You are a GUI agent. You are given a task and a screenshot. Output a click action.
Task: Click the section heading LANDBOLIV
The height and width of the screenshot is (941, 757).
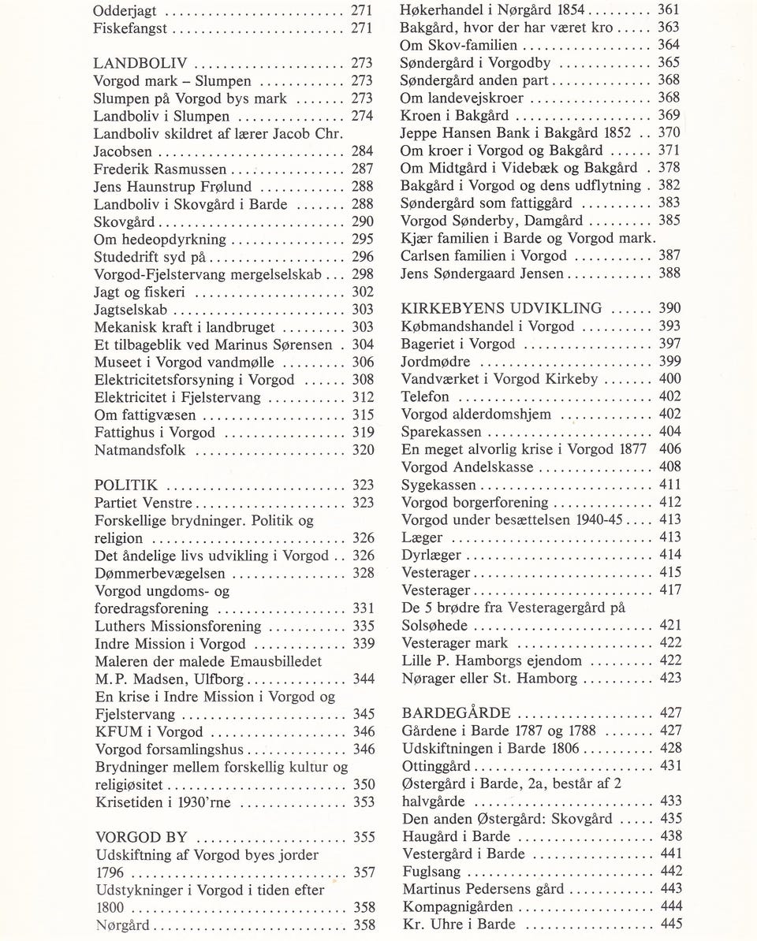click(140, 64)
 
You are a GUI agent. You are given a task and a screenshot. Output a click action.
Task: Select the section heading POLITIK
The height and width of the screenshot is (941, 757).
click(126, 485)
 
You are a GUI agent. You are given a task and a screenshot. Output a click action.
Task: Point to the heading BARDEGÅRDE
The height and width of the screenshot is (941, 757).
click(456, 713)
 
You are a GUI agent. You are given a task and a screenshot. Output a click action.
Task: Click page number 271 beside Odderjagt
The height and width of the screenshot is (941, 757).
click(362, 11)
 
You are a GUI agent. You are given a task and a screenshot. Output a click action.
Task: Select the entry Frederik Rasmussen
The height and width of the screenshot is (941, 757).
click(160, 169)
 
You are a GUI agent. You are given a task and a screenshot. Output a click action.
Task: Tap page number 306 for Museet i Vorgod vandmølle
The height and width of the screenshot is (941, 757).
click(363, 363)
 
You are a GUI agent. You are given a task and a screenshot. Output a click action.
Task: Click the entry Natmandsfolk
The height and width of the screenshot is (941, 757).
click(140, 451)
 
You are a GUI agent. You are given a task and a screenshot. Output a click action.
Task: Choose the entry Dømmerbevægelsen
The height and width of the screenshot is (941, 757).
click(159, 574)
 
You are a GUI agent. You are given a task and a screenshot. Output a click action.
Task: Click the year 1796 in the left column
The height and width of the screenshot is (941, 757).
click(110, 872)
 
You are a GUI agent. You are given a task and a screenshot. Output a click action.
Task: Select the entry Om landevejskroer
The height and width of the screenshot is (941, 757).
click(461, 99)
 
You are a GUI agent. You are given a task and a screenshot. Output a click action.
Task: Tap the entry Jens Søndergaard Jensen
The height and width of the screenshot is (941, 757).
click(483, 273)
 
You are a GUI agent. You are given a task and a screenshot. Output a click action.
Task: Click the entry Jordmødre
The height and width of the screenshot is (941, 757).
click(436, 362)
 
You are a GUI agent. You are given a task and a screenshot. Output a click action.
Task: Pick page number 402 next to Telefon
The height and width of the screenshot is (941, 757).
click(670, 396)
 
